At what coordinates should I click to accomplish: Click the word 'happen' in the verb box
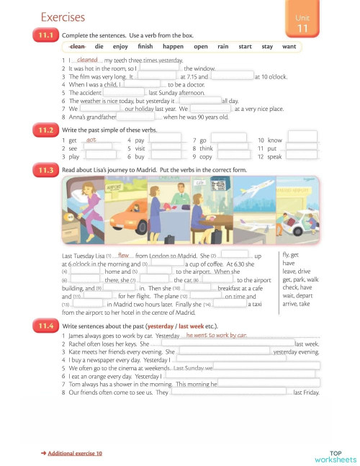[174, 47]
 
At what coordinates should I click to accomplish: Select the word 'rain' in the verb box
[222, 47]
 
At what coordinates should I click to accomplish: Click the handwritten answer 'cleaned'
[87, 61]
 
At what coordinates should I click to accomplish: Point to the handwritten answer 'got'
[91, 140]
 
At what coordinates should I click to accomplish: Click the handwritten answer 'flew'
[123, 255]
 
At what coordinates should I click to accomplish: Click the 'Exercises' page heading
[63, 17]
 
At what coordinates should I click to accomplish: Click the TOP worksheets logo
[335, 456]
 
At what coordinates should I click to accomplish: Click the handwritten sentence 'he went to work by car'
[216, 336]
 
